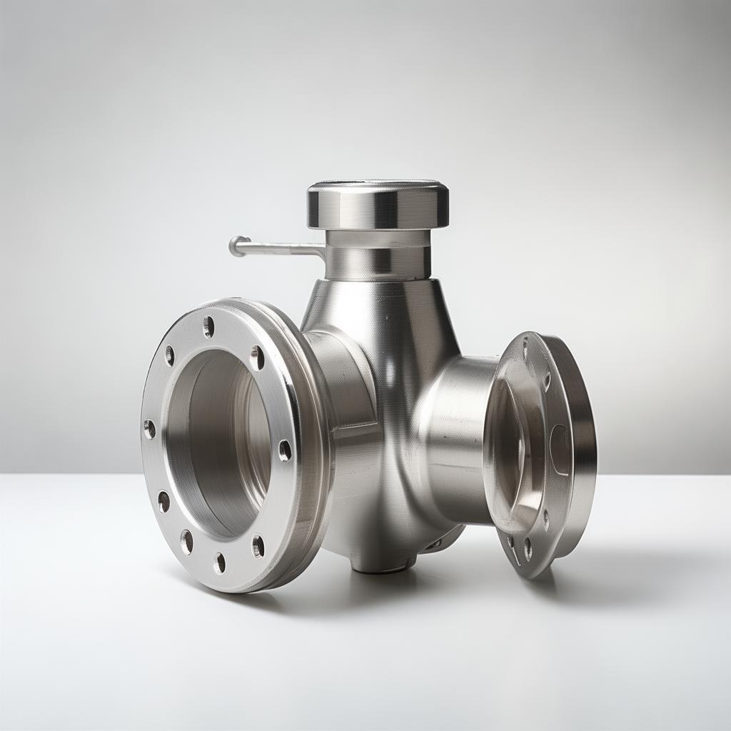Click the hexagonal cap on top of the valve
click(x=378, y=206)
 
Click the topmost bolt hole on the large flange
click(x=208, y=327)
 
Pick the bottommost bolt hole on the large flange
click(x=219, y=563)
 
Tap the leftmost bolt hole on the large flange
click(x=149, y=429)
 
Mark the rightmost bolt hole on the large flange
click(x=284, y=450)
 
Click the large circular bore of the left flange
click(x=218, y=443)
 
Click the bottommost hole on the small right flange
click(x=528, y=548)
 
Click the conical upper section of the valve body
click(x=378, y=314)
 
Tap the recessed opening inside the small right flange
click(x=508, y=450)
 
